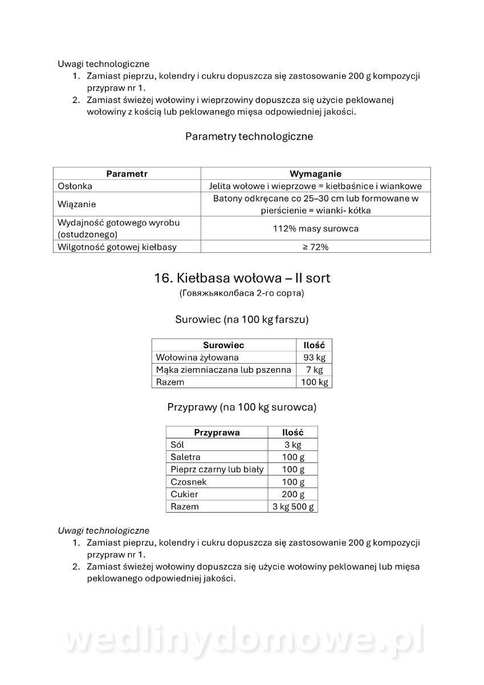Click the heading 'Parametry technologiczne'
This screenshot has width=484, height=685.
(x=249, y=136)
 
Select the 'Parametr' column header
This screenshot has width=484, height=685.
(x=127, y=174)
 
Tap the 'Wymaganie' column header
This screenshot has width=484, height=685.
(x=315, y=174)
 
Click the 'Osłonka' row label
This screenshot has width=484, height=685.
(x=75, y=186)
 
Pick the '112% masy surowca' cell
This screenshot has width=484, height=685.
(x=315, y=228)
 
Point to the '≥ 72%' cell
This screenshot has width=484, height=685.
(x=315, y=247)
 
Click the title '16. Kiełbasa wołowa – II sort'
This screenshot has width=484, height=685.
(x=242, y=278)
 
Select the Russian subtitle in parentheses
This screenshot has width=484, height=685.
(x=242, y=293)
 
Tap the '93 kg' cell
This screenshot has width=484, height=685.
(x=314, y=357)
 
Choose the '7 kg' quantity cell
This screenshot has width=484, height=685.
(x=314, y=370)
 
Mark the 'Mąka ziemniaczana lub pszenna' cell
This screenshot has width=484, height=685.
(x=223, y=370)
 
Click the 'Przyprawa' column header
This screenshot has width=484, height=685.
(x=217, y=432)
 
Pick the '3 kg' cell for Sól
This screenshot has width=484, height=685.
(x=292, y=445)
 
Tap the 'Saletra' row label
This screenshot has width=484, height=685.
(x=185, y=457)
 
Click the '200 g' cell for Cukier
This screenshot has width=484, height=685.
(x=293, y=494)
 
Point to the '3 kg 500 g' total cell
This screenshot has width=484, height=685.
(x=293, y=506)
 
